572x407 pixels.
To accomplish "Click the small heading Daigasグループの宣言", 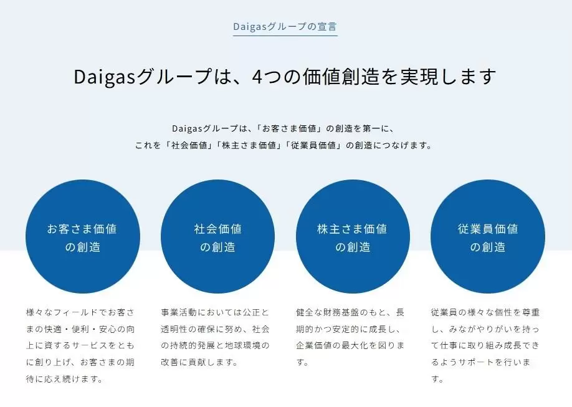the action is [x=285, y=26].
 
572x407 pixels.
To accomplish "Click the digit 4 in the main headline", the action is [x=257, y=76].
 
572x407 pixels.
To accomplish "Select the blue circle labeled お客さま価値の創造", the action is [x=83, y=236].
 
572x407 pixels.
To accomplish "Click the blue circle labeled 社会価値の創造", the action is [x=218, y=236].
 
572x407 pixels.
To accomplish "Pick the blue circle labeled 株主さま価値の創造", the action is [x=353, y=236].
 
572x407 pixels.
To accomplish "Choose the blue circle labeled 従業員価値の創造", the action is [x=488, y=236].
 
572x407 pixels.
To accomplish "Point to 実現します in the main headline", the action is [x=449, y=76].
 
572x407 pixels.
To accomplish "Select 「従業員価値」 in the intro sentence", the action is [x=313, y=145].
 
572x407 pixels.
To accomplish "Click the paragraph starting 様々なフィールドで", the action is [x=80, y=346].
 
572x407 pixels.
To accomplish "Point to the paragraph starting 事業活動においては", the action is [x=215, y=337].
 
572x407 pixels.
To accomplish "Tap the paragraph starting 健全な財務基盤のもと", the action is [x=350, y=337].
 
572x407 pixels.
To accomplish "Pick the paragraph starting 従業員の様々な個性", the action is [x=485, y=346].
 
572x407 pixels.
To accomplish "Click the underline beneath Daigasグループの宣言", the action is [x=285, y=36].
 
